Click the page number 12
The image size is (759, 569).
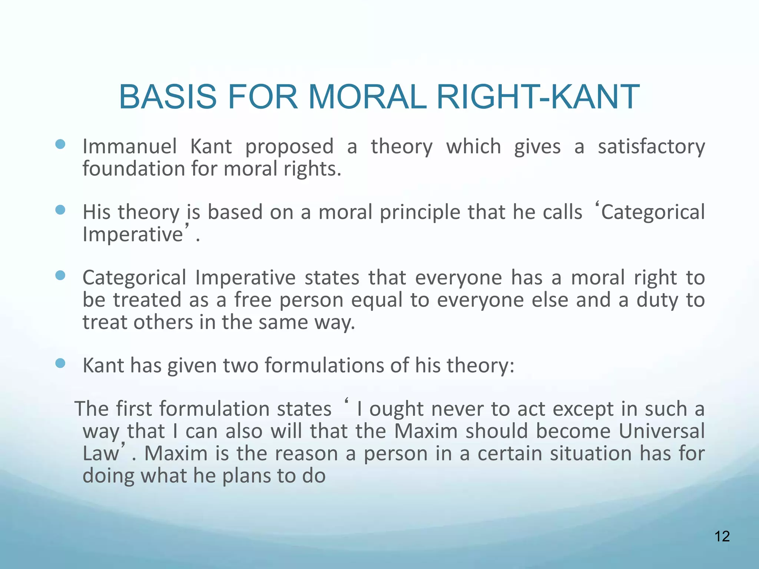click(x=722, y=536)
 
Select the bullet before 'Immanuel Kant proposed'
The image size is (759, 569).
click(x=60, y=144)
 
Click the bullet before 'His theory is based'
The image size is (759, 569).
click(x=60, y=210)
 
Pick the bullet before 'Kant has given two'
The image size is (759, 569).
click(x=60, y=363)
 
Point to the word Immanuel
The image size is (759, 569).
click(x=129, y=146)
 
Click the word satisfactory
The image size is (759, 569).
click(x=651, y=146)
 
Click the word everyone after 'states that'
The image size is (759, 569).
click(x=458, y=278)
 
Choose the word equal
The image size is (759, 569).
click(x=377, y=300)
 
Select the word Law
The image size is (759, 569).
click(x=100, y=453)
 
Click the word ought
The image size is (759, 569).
click(x=396, y=409)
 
